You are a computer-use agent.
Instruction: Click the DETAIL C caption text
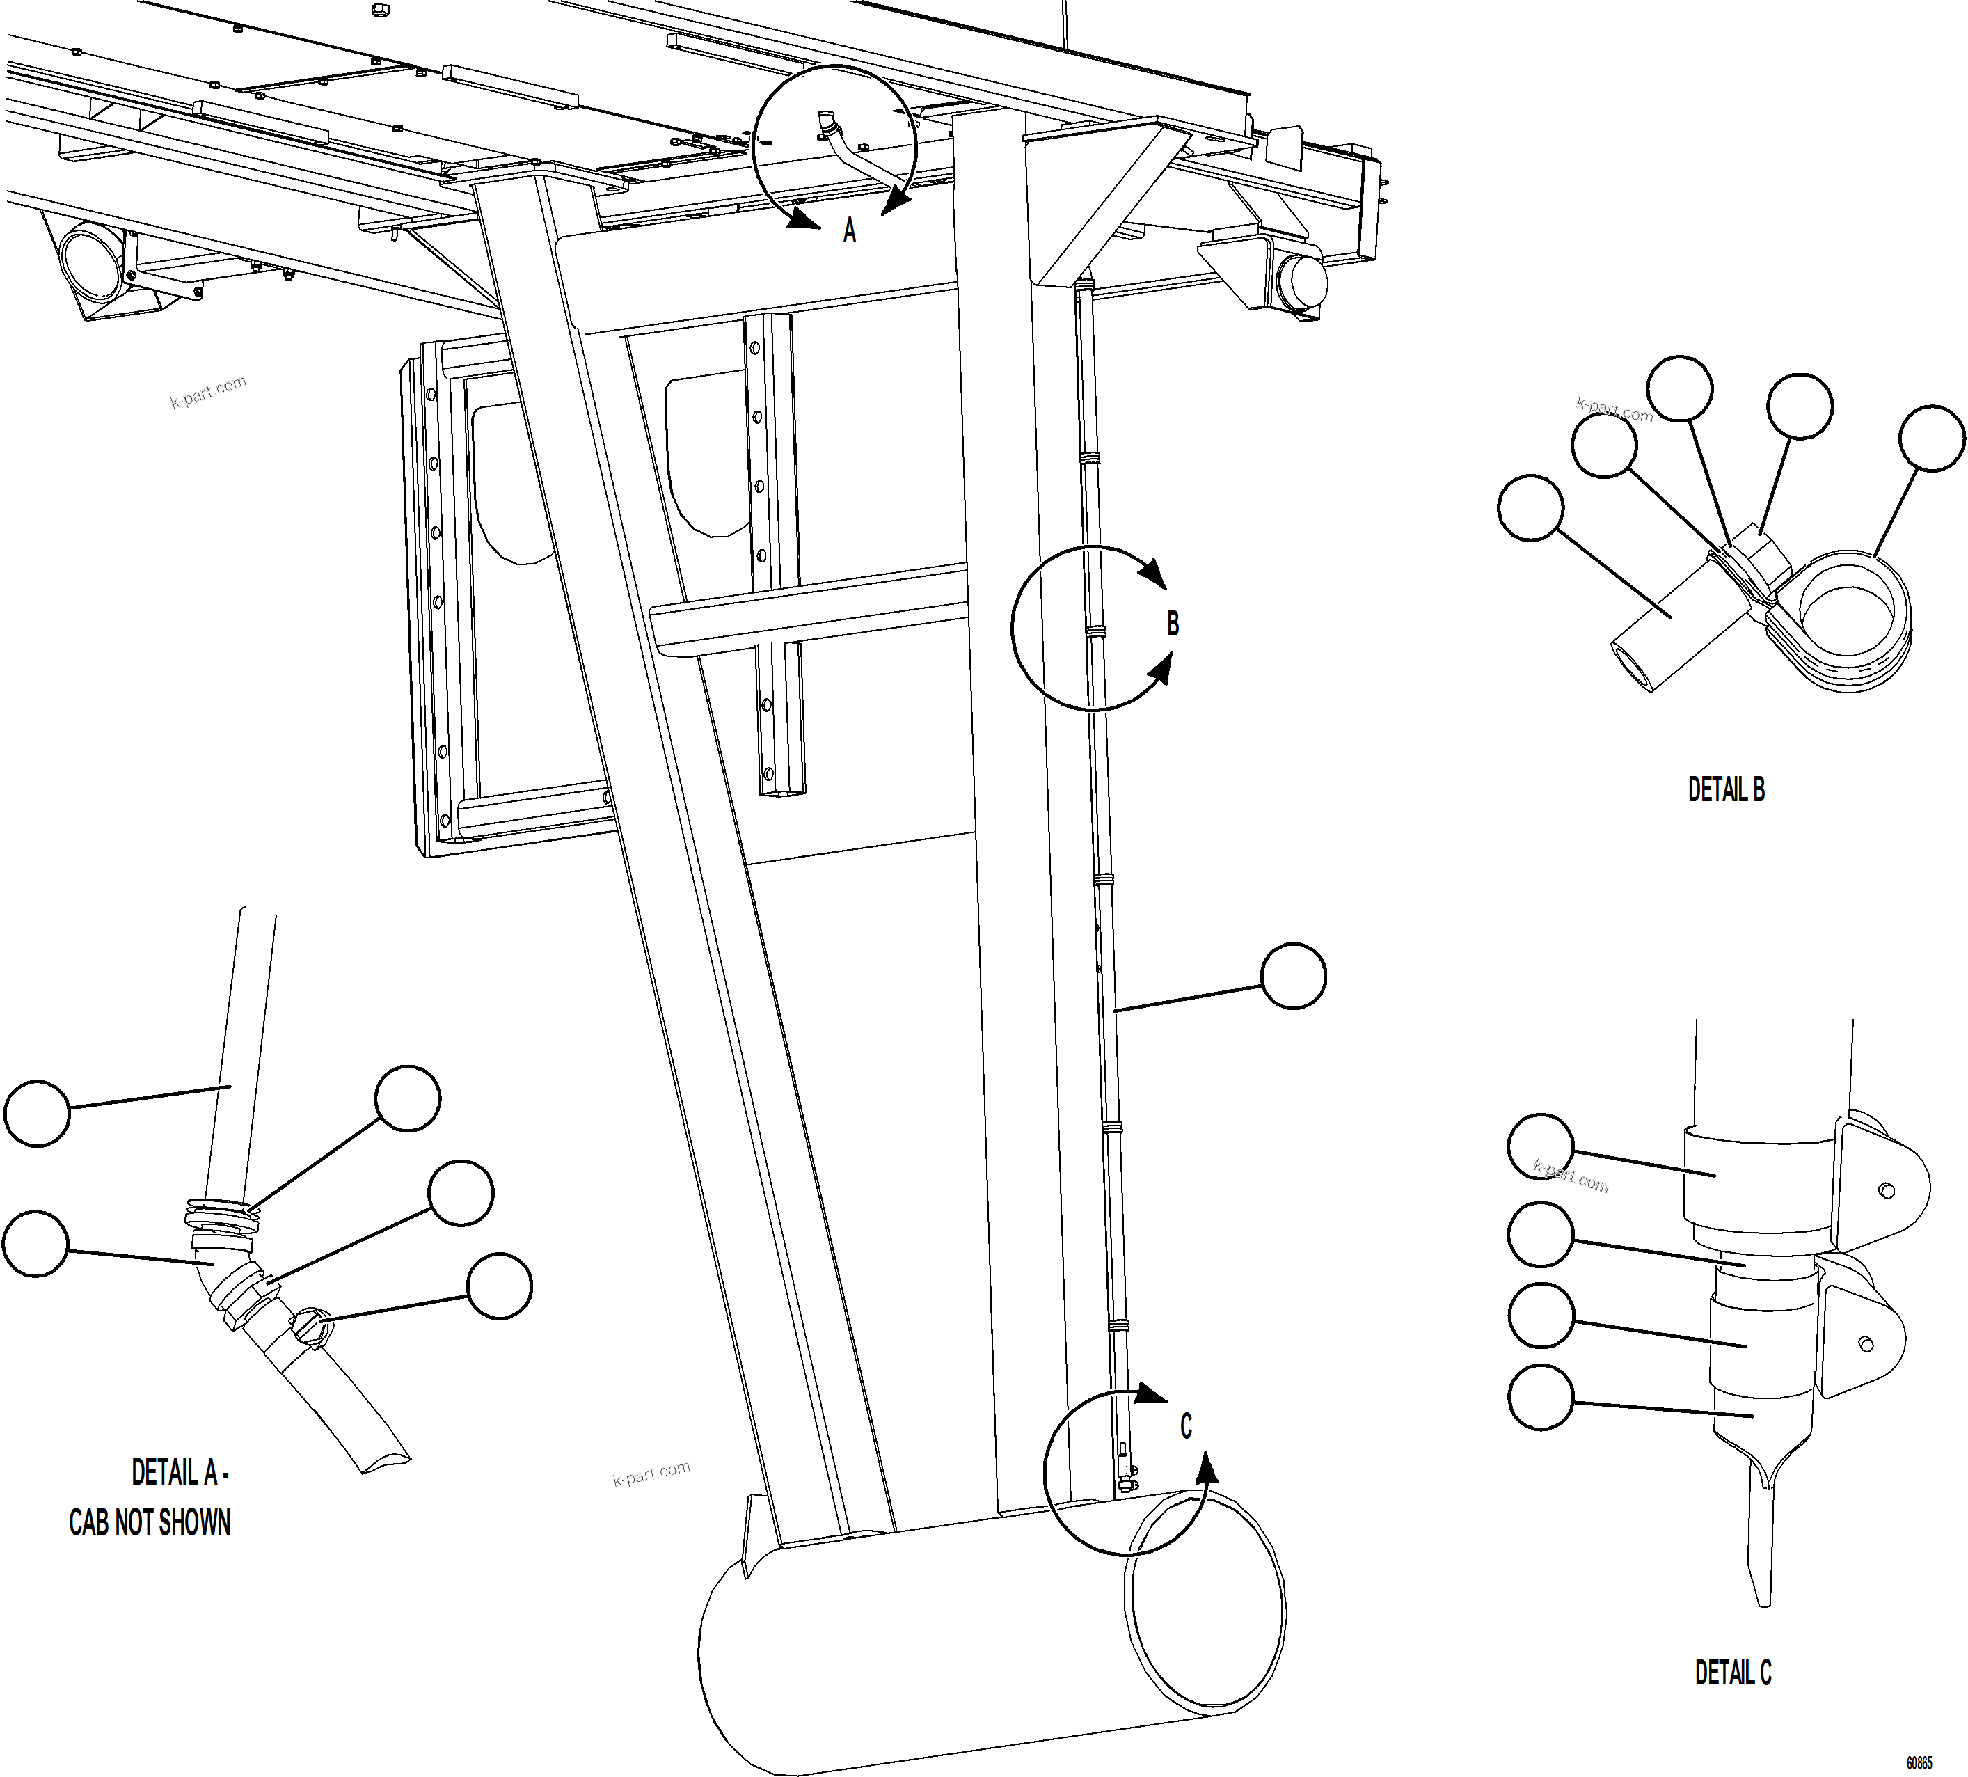pyautogui.click(x=1733, y=1673)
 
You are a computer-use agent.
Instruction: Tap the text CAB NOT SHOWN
pyautogui.click(x=150, y=1522)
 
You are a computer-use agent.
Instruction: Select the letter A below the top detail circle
pyautogui.click(x=849, y=230)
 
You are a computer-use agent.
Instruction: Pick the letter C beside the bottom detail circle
pyautogui.click(x=1185, y=1426)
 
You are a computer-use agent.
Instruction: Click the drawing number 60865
pyautogui.click(x=1918, y=1763)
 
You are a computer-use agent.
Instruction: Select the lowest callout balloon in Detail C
pyautogui.click(x=1541, y=1398)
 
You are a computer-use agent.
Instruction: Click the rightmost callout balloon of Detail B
pyautogui.click(x=1931, y=439)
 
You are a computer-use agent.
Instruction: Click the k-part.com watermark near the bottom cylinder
pyautogui.click(x=651, y=1474)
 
